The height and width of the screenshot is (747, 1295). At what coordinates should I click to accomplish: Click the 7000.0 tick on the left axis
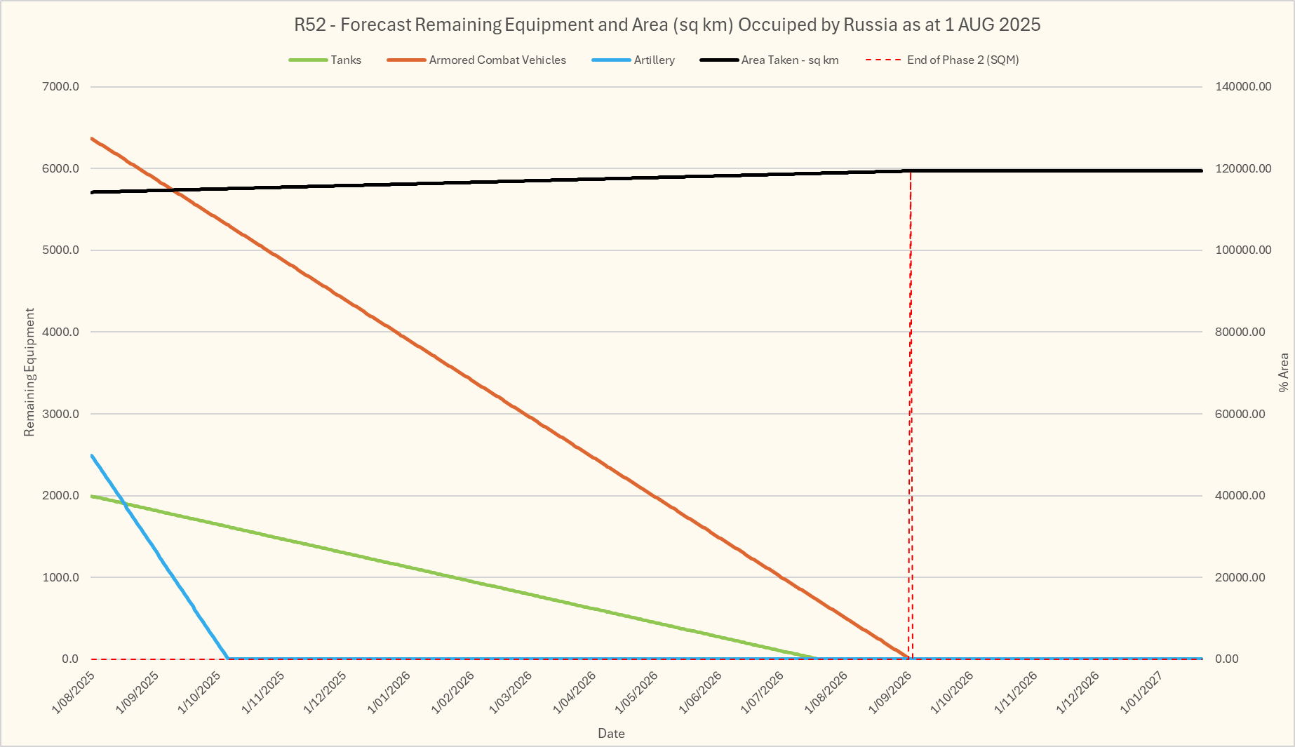pyautogui.click(x=62, y=87)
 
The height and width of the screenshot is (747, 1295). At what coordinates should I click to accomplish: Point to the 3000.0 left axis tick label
pyautogui.click(x=62, y=414)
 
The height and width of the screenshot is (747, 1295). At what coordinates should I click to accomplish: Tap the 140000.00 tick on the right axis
pyautogui.click(x=1242, y=87)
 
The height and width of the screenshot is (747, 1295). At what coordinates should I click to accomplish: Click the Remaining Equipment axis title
pyautogui.click(x=29, y=372)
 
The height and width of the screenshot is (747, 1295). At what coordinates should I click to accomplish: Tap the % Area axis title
pyautogui.click(x=1283, y=372)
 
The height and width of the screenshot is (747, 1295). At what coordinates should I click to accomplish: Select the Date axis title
pyautogui.click(x=611, y=734)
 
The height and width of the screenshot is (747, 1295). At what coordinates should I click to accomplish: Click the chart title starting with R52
pyautogui.click(x=667, y=25)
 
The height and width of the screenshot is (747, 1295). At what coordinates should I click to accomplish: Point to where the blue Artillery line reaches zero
pyautogui.click(x=228, y=658)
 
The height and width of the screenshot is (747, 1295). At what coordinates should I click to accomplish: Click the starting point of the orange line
pyautogui.click(x=92, y=138)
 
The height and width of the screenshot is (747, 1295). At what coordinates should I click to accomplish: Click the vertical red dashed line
pyautogui.click(x=911, y=421)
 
